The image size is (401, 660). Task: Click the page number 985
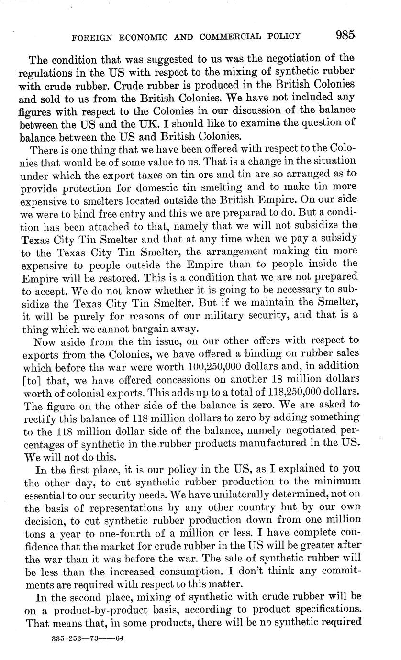(x=345, y=35)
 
